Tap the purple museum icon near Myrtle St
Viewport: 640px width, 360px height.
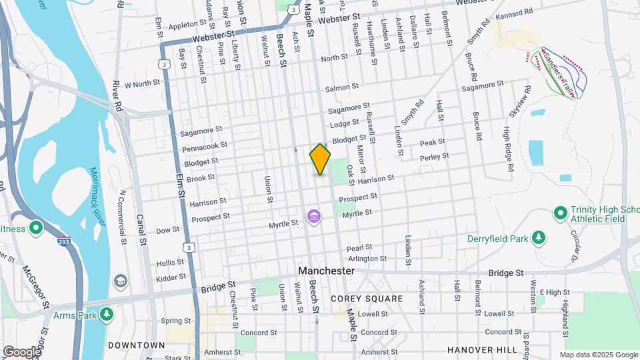click(313, 217)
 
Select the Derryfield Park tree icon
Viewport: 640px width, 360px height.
click(539, 238)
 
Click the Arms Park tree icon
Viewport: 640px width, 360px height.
click(106, 313)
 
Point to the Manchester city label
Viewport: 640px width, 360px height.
click(326, 271)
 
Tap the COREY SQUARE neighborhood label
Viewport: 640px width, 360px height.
click(367, 298)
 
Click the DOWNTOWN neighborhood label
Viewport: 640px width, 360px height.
click(137, 345)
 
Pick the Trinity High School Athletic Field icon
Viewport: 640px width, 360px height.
click(560, 213)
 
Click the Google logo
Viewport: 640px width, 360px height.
click(21, 351)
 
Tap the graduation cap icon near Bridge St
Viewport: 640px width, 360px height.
click(120, 281)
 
